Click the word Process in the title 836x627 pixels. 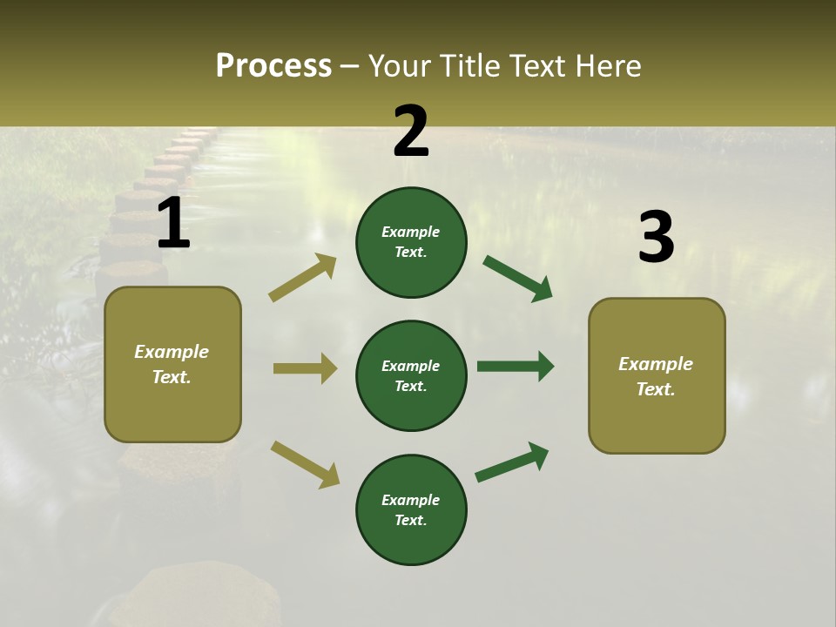[273, 66]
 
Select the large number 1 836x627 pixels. [173, 224]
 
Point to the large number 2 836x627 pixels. [411, 132]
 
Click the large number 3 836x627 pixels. [656, 237]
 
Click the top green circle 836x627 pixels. [411, 242]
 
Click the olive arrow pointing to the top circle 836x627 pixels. [302, 278]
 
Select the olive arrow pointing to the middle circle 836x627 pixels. [305, 368]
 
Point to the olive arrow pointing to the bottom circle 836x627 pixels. [305, 464]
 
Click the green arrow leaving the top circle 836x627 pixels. [517, 279]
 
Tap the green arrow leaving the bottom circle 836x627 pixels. [512, 462]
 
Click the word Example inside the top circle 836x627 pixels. [411, 232]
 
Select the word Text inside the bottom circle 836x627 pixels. [409, 520]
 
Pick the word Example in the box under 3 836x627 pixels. [656, 364]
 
